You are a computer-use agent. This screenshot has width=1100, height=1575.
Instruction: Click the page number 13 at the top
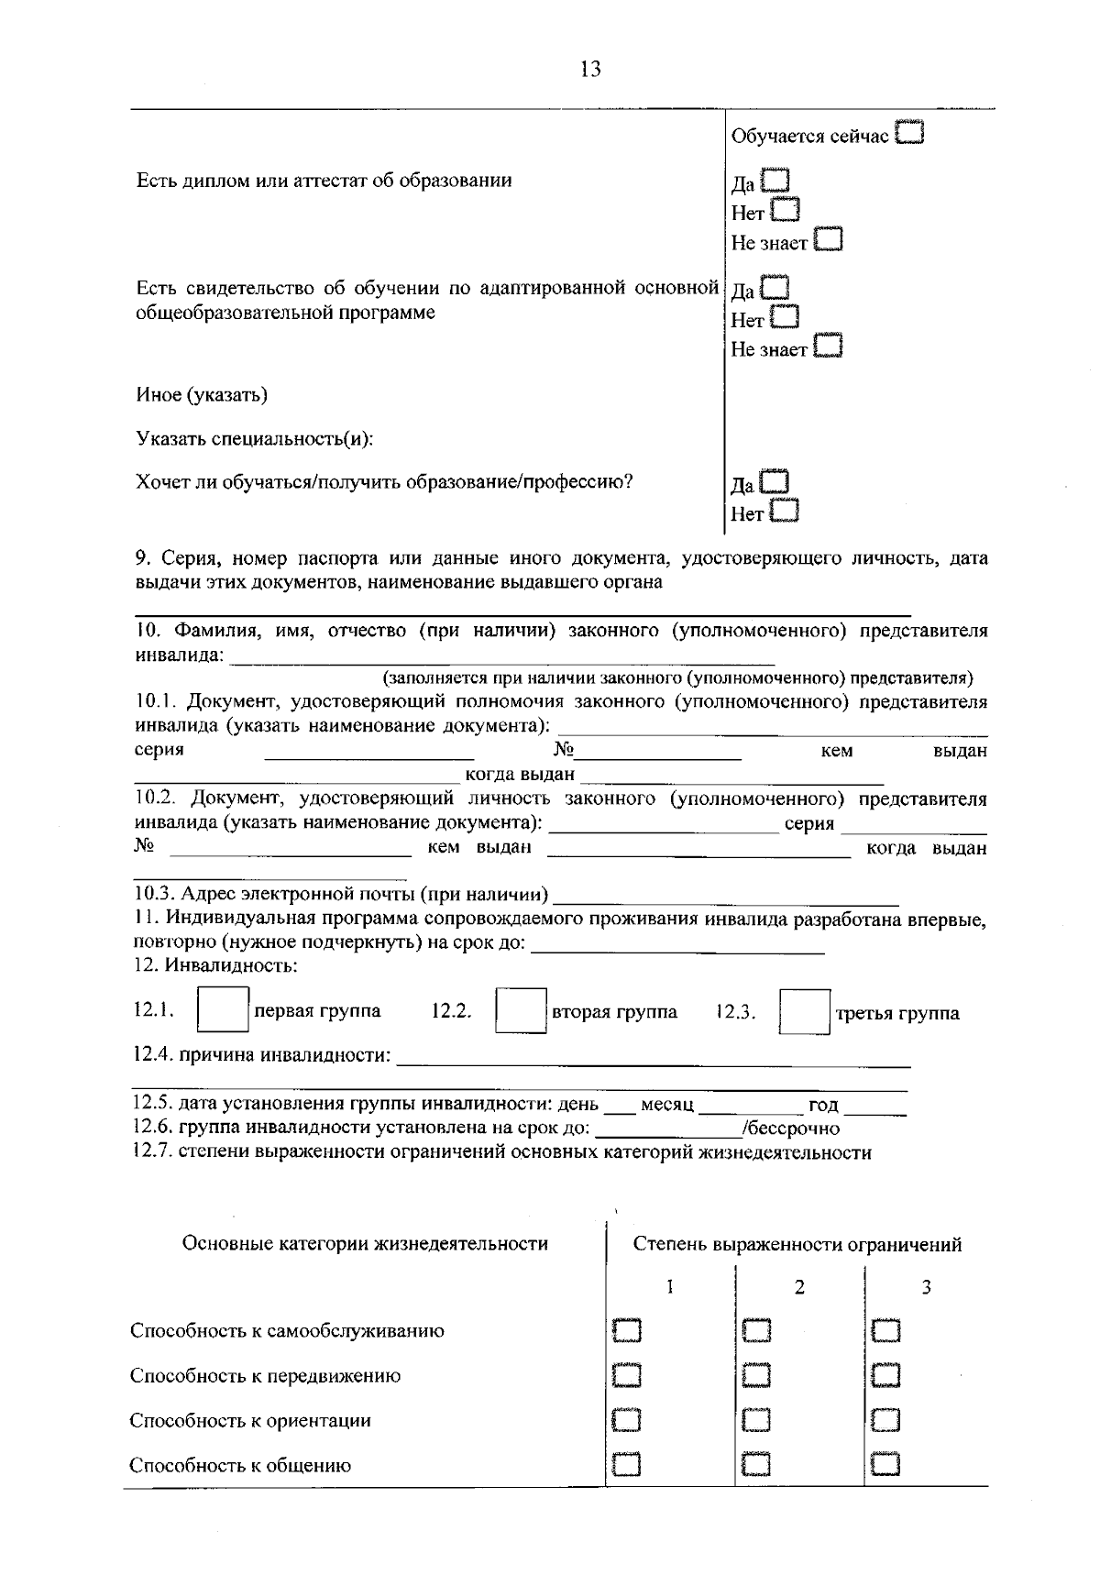pos(590,69)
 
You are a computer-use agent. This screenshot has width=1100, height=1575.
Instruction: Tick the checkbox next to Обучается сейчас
pos(910,134)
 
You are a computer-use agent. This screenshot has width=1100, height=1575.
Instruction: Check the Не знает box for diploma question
pos(828,240)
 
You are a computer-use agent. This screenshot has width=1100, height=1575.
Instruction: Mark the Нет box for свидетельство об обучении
pos(785,318)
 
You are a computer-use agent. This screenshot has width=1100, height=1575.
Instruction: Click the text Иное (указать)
pos(202,395)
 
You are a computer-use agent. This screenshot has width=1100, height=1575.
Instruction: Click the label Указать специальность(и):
pos(255,438)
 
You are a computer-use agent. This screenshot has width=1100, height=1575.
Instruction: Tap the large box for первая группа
pos(224,1010)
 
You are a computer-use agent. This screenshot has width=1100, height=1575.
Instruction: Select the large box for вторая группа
pos(521,1010)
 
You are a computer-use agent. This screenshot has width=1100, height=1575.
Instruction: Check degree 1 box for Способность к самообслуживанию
pos(627,1330)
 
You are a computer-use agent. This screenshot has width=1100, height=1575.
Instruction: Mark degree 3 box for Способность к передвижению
pos(885,1375)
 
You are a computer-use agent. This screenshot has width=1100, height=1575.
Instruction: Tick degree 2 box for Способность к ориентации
pos(756,1420)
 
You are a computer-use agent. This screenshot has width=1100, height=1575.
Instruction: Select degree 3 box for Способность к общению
pos(885,1464)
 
